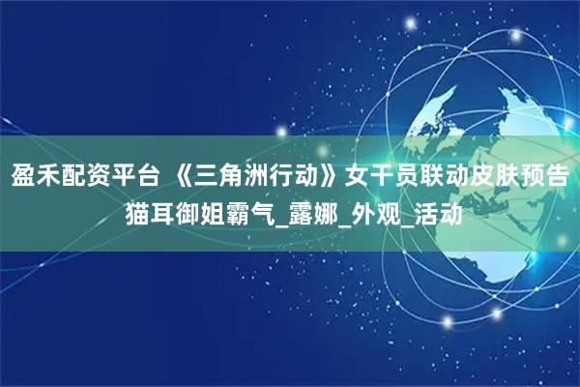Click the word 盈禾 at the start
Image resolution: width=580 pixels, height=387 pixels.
(x=33, y=177)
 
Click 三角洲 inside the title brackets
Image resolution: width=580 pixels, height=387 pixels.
(x=225, y=177)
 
